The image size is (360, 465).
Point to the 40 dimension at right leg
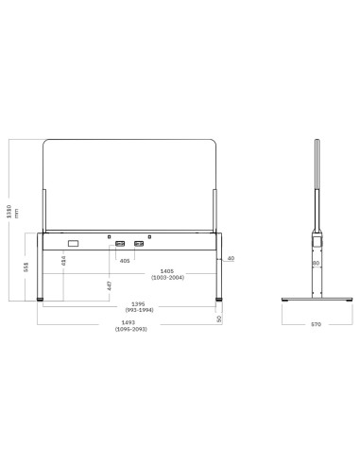(231, 257)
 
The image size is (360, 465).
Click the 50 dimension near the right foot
(219, 319)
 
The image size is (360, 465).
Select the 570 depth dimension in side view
(316, 324)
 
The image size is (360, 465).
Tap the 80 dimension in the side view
(316, 263)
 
